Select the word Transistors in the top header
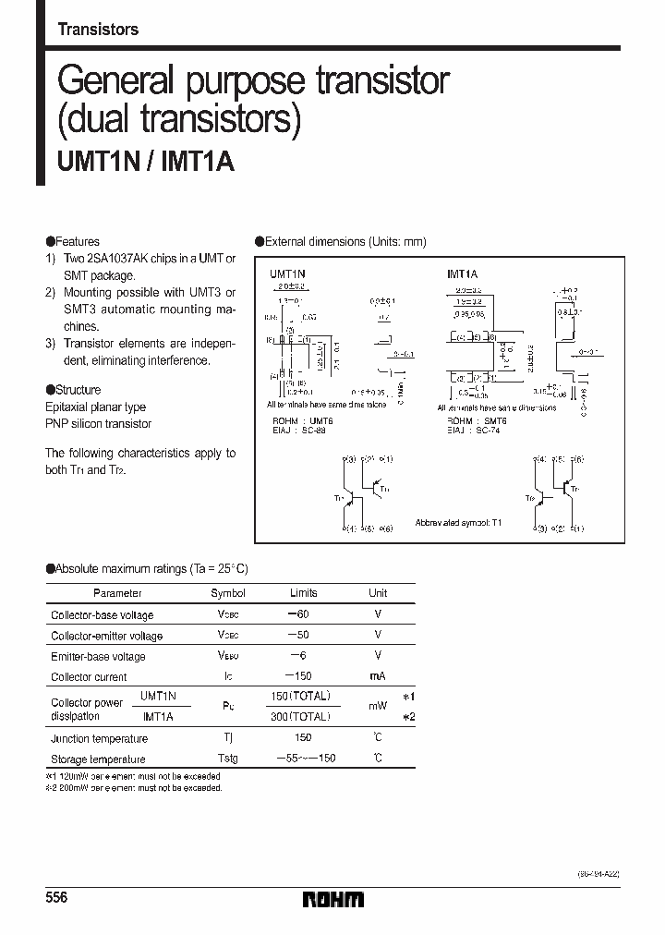coord(98,30)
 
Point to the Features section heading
coord(74,241)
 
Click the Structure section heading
coord(75,390)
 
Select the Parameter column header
coord(118,593)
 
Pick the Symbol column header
coord(228,593)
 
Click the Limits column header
coord(303,593)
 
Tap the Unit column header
coord(378,593)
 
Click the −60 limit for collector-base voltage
coord(302,614)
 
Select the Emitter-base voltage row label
coord(98,657)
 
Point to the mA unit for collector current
coord(378,677)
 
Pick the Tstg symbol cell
coord(227,759)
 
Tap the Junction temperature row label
coord(99,738)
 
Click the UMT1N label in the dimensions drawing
coord(287,274)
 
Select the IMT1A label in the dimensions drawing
coord(462,274)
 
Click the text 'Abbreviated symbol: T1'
coord(458,522)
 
